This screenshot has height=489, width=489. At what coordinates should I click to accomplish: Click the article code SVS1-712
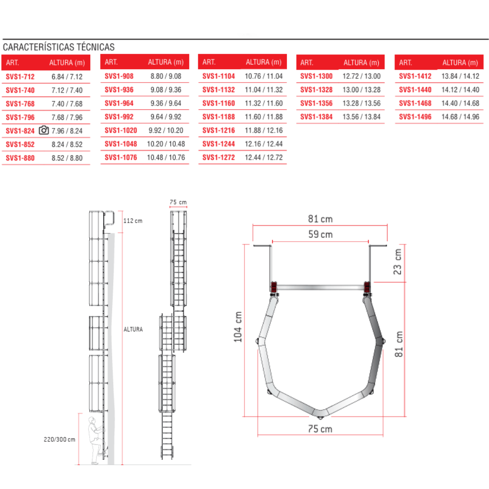click(x=20, y=77)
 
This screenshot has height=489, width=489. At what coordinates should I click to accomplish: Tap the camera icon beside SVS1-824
click(x=43, y=130)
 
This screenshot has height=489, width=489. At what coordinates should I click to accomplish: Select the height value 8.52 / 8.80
click(x=67, y=158)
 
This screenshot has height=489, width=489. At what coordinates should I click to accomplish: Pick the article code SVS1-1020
click(x=121, y=130)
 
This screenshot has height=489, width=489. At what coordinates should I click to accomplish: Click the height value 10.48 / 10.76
click(x=166, y=158)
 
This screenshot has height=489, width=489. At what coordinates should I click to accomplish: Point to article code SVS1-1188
click(x=219, y=117)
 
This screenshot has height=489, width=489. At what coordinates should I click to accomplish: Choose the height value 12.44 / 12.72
click(x=264, y=158)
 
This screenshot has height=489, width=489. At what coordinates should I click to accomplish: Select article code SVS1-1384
click(x=317, y=117)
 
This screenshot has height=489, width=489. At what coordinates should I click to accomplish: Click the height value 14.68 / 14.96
click(x=460, y=117)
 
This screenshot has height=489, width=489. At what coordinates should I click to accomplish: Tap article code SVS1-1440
click(x=415, y=90)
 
